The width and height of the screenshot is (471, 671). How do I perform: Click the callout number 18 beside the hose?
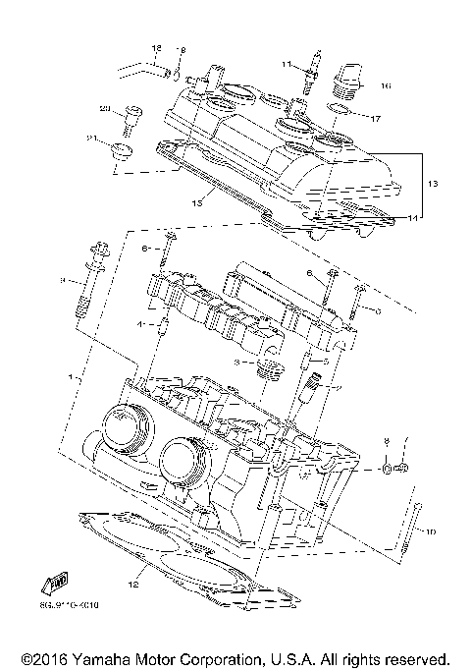coord(155,48)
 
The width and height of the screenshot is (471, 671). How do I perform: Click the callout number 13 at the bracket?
coord(433,184)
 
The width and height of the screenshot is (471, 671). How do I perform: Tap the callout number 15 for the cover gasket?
coord(196,203)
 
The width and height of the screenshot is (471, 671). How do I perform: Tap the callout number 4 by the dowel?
coord(140,322)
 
